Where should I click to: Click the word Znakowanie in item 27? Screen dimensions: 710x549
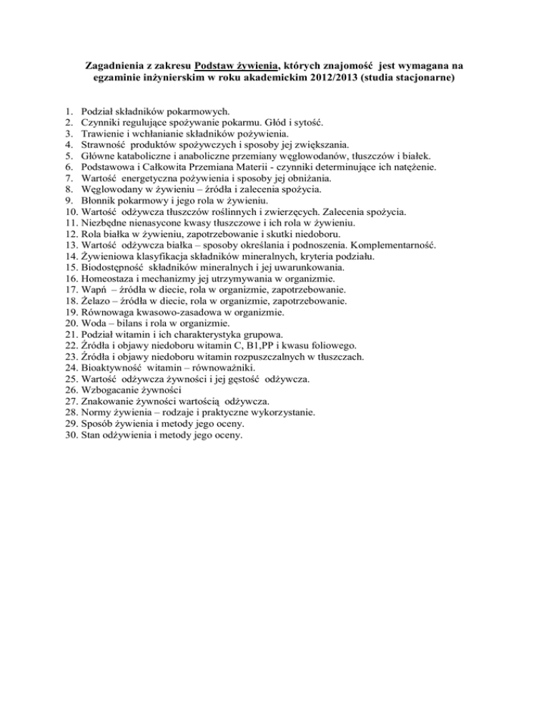(x=111, y=401)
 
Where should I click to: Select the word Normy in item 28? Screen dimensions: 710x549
(x=98, y=412)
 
